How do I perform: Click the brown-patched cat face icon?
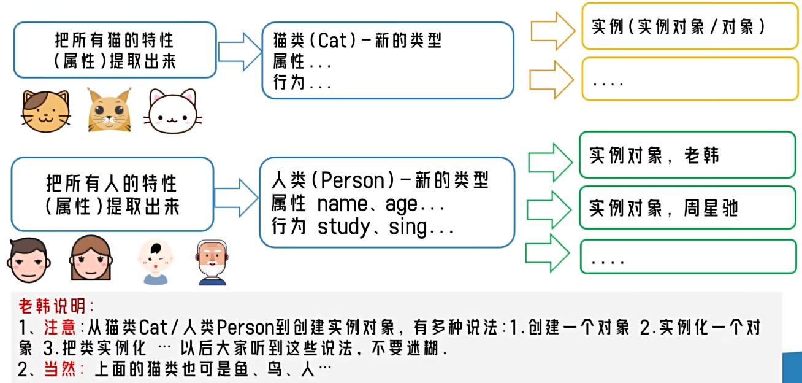[46, 111]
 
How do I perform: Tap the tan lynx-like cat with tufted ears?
[109, 111]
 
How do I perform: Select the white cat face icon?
[172, 112]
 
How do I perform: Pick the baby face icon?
[155, 261]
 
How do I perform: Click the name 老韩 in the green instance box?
[701, 156]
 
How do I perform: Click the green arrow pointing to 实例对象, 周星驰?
[549, 209]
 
